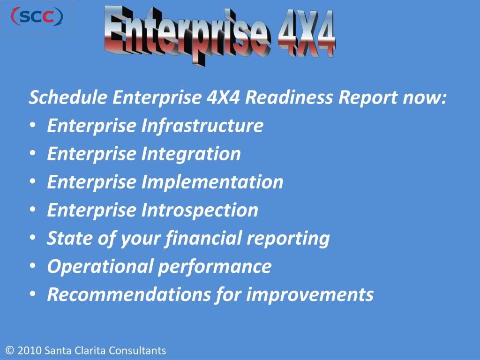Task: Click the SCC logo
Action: (37, 17)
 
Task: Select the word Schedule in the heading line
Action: (68, 98)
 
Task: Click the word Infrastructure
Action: (202, 126)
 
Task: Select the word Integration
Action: (191, 154)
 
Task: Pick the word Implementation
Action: (212, 182)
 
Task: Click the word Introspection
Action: (200, 210)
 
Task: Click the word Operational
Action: (100, 267)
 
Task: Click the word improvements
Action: (310, 295)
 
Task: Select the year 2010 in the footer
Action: (30, 351)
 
